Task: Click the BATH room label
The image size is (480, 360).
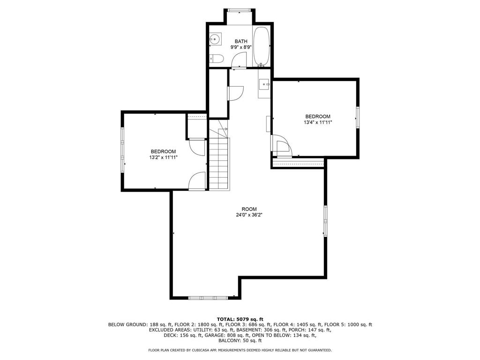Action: click(x=241, y=41)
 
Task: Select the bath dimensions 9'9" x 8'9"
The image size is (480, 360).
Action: click(x=241, y=47)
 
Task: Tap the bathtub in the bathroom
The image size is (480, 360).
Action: click(x=262, y=46)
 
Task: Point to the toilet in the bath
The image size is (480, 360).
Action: click(x=217, y=58)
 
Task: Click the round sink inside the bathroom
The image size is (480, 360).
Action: click(x=215, y=39)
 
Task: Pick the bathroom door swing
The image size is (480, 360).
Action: click(x=239, y=60)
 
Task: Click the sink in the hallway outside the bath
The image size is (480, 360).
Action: click(x=264, y=84)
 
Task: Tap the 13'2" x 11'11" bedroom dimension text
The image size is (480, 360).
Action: click(x=163, y=157)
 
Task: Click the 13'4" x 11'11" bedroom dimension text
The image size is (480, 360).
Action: click(x=318, y=122)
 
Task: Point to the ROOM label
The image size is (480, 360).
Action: click(x=249, y=209)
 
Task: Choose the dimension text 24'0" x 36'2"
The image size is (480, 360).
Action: click(x=249, y=215)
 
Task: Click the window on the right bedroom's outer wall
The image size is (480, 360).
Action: click(x=357, y=117)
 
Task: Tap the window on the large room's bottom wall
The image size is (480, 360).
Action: click(x=208, y=298)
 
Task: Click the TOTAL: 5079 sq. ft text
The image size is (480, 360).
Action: click(x=240, y=319)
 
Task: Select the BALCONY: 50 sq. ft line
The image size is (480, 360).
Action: click(x=240, y=340)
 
